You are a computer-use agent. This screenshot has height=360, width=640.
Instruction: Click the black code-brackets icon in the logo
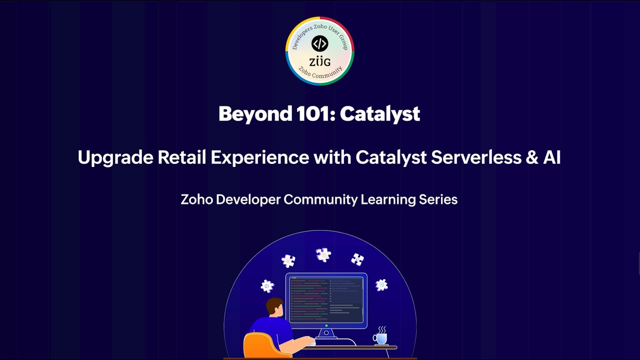pos(319,43)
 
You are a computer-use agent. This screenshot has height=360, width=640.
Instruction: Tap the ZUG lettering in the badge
pos(319,62)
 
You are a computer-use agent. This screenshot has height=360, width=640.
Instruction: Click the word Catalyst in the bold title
pos(380,114)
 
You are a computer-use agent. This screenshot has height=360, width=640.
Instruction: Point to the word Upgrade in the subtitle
pos(115,158)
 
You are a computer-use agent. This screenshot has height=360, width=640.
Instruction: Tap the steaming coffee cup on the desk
pos(380,338)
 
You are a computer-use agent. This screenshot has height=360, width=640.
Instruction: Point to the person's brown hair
pos(274,305)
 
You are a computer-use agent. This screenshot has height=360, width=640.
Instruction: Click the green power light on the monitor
pos(326,325)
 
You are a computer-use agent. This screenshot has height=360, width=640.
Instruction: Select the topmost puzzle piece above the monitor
pos(323,254)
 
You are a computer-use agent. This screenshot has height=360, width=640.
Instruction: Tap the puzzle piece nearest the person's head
pos(267,286)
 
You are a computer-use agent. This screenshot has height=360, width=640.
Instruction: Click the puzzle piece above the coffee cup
pos(381,284)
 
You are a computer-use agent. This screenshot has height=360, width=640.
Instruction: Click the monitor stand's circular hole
pos(326,332)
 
